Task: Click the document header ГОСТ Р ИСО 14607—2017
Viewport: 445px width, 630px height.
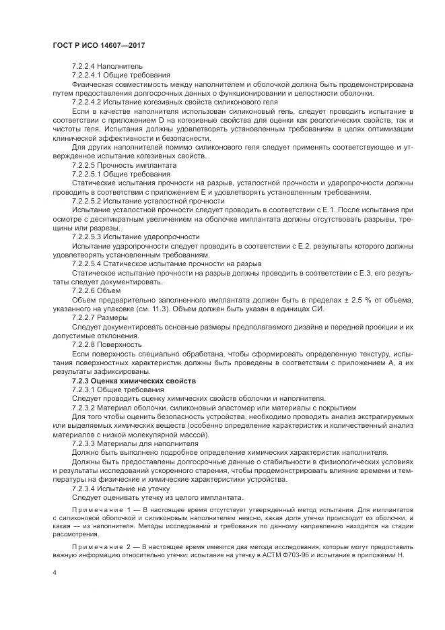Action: [x=99, y=45]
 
